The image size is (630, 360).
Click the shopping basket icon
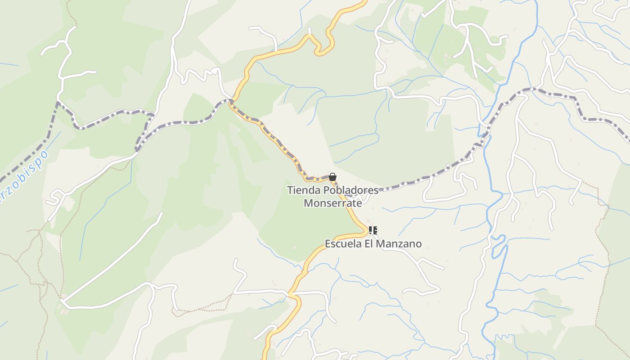(333, 177)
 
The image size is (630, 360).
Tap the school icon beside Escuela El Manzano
(373, 230)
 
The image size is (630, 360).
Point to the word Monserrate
(333, 203)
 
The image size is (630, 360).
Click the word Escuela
(344, 244)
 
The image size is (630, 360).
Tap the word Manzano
(399, 244)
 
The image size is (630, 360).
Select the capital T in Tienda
(290, 190)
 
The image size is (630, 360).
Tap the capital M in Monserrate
(308, 203)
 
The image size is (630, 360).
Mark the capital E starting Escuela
(328, 244)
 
